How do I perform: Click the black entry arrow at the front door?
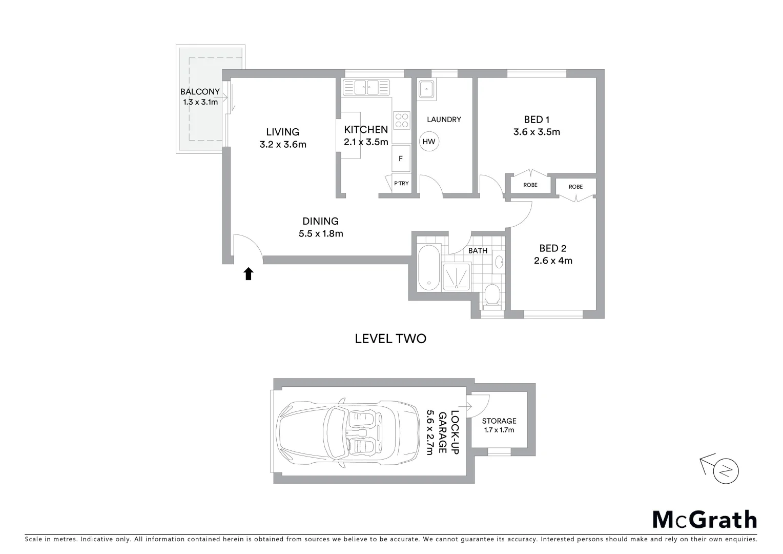[249, 274]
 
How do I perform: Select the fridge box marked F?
[401, 159]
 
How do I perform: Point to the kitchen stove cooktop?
[401, 121]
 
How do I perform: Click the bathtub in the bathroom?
[428, 268]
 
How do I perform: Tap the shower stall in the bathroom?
[456, 277]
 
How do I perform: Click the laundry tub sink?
[426, 89]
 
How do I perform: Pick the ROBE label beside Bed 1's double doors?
[530, 185]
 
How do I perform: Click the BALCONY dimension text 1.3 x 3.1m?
[200, 102]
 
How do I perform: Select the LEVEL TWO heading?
[390, 339]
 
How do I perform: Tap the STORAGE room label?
[499, 421]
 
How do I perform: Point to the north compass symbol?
[726, 470]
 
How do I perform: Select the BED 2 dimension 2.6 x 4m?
[553, 261]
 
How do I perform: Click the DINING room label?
[320, 221]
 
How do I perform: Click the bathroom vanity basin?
[499, 263]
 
